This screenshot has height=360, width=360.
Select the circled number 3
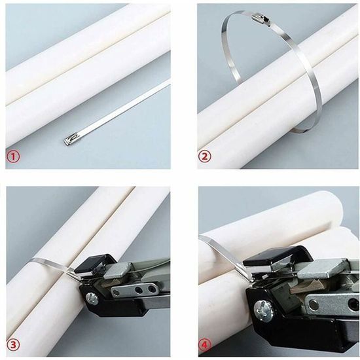[x=12, y=344]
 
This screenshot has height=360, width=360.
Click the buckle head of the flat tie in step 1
[x=71, y=139]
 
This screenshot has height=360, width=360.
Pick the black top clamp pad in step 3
[x=90, y=261]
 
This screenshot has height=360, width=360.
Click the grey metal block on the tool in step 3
[x=117, y=268]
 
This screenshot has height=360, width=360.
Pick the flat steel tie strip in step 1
[x=124, y=107]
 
